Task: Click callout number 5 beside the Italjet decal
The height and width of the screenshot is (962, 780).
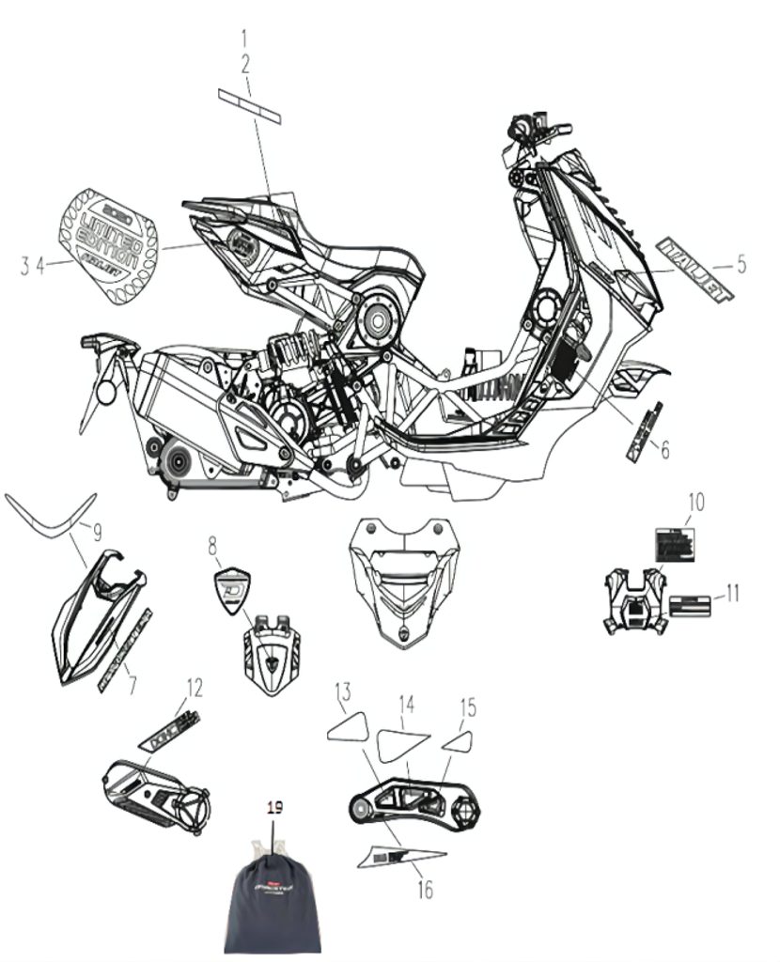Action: point(741,265)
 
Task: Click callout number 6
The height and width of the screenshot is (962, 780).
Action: point(664,450)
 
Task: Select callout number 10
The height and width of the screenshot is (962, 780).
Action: point(694,503)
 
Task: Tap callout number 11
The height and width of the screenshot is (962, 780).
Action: point(732,593)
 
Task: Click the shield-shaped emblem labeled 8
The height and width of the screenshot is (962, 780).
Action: point(231,592)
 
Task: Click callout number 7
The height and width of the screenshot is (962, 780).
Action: point(132,686)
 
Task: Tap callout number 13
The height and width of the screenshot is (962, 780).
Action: point(343,694)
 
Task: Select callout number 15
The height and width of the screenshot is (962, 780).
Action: point(467,707)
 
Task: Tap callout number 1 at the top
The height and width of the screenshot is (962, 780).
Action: point(245,39)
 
